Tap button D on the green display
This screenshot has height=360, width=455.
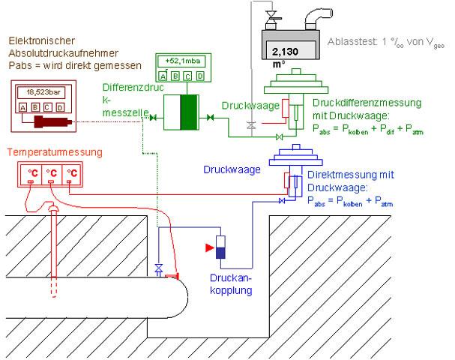[x=200, y=75]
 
